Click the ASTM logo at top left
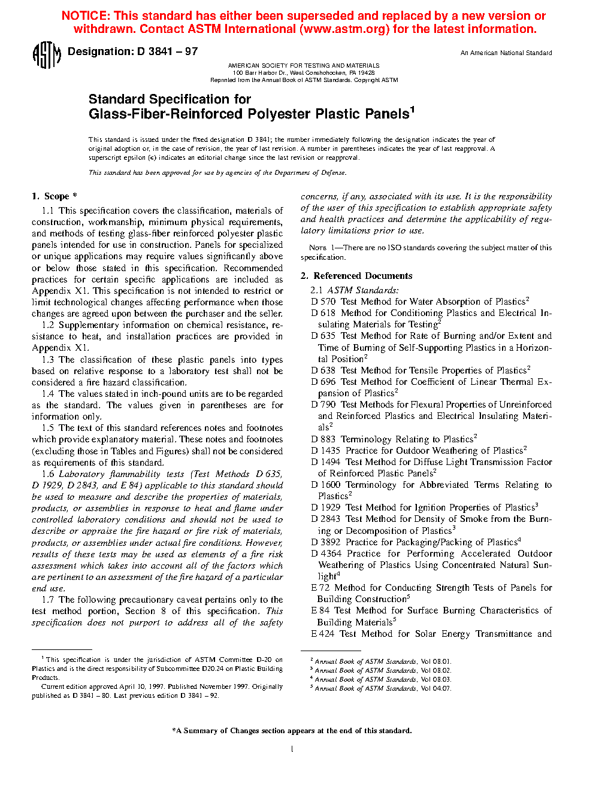point(46,55)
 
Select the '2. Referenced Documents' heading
point(356,276)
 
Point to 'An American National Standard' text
point(506,53)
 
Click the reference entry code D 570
point(323,302)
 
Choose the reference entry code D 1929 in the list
point(325,508)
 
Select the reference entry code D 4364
point(326,554)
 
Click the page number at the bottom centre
point(292,749)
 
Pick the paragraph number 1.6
point(48,474)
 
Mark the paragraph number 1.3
point(48,360)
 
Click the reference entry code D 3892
point(326,542)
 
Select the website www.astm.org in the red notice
point(344,29)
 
